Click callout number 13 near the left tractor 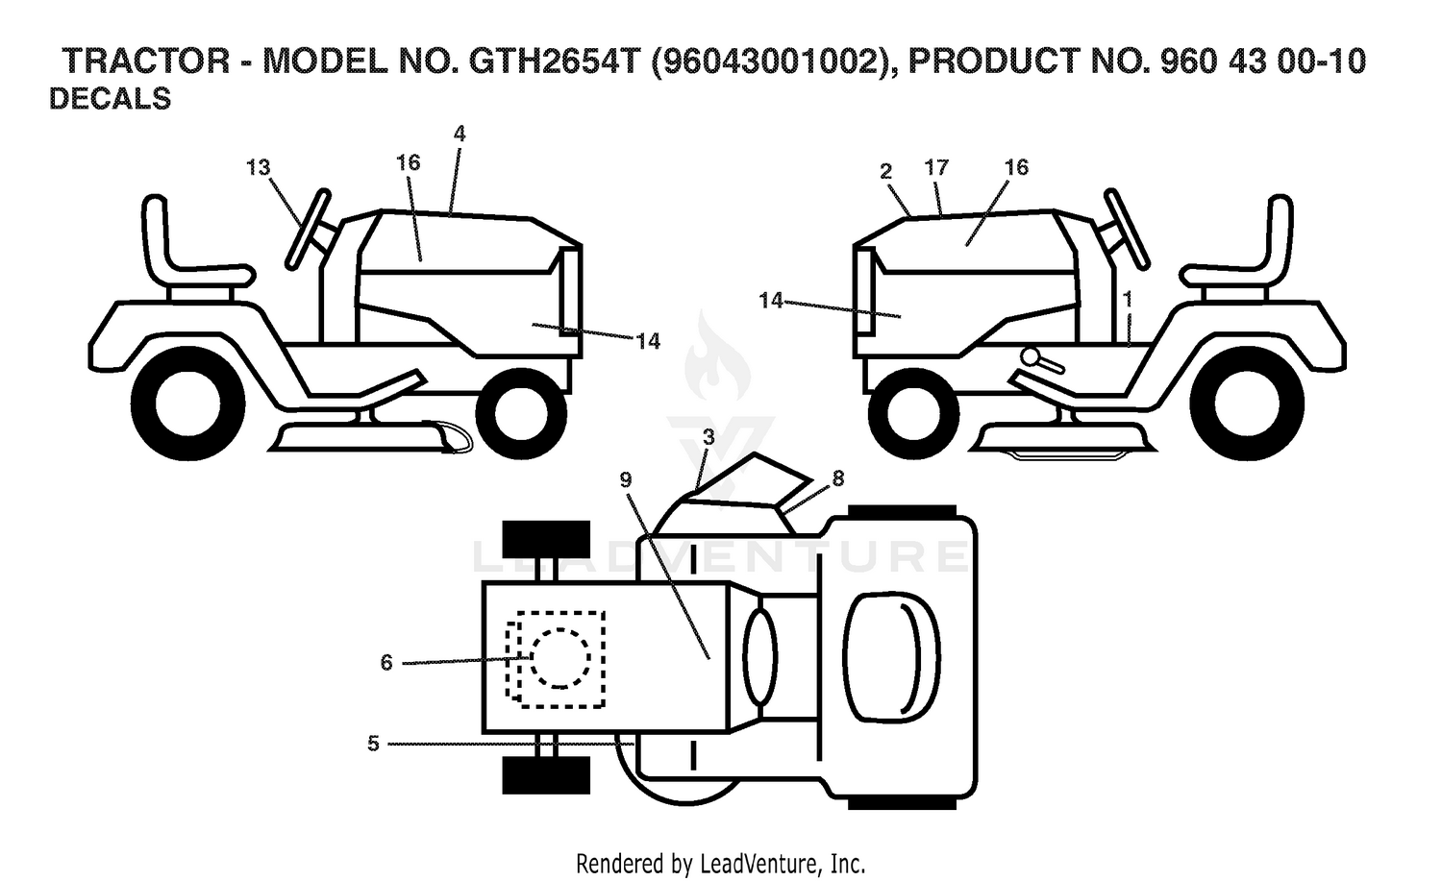(259, 168)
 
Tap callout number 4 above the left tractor (459, 134)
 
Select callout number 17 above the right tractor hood (936, 168)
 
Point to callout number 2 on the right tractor (885, 171)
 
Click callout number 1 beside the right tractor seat (1127, 299)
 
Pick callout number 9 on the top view (626, 479)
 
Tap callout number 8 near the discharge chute (837, 478)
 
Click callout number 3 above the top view (709, 437)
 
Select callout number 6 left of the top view (386, 662)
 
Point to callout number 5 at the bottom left (373, 744)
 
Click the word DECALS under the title (111, 99)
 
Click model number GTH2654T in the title (555, 61)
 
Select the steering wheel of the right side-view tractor (1127, 229)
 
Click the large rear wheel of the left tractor (188, 404)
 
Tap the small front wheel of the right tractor (913, 413)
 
